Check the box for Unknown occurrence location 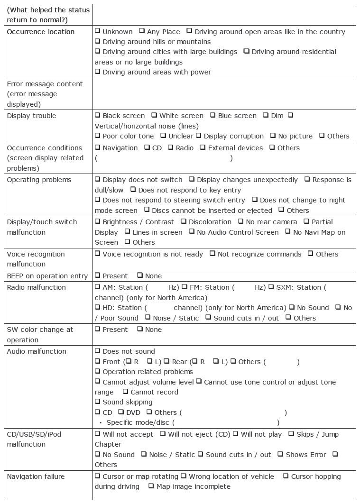[97, 31]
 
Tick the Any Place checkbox [142, 31]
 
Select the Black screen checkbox [97, 115]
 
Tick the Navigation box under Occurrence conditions [97, 147]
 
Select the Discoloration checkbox [184, 221]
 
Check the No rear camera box [241, 221]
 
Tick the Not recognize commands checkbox [212, 254]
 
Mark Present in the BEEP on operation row [97, 275]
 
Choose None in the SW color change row [140, 329]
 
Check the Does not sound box [97, 351]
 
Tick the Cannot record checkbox [125, 392]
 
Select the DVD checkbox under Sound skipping [121, 412]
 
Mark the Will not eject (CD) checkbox [163, 434]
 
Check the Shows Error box [280, 454]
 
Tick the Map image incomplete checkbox [151, 486]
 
